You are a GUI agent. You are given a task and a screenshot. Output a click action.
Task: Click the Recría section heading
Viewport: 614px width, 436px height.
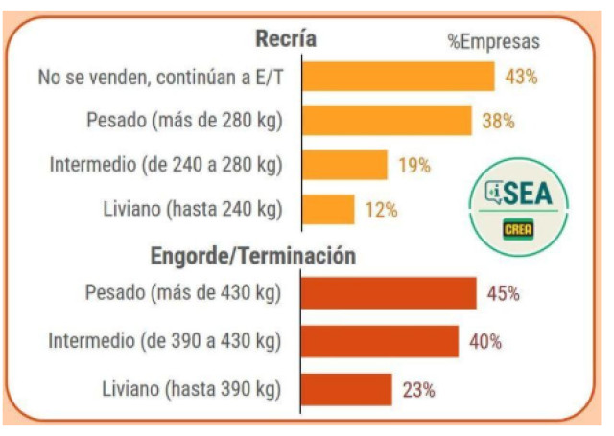(x=286, y=39)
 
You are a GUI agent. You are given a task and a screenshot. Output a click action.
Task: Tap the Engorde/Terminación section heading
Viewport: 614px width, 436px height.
(x=252, y=257)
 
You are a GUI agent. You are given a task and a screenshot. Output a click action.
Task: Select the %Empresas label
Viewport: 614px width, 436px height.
(x=493, y=41)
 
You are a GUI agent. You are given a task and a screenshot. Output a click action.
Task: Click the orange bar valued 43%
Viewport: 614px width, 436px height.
(x=398, y=77)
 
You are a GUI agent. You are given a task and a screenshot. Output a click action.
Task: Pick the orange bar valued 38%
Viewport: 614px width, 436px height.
(x=387, y=121)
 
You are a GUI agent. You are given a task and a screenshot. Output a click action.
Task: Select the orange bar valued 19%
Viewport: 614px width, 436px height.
(x=344, y=165)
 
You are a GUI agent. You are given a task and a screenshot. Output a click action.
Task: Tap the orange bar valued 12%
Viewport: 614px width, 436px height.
(x=328, y=209)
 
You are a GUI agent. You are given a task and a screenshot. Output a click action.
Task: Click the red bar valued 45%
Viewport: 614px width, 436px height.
(x=389, y=293)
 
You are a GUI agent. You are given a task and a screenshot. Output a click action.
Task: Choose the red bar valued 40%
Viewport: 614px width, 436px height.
(x=380, y=341)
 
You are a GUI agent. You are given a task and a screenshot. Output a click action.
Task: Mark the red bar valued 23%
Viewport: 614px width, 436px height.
(x=346, y=389)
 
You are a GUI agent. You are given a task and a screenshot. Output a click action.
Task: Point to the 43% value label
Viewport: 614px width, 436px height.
(x=521, y=77)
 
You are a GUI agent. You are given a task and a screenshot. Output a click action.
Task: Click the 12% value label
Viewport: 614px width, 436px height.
(x=381, y=210)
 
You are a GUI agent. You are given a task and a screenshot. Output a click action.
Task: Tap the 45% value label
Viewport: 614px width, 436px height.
(x=503, y=294)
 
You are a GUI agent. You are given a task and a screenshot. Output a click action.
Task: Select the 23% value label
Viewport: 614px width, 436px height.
(x=418, y=390)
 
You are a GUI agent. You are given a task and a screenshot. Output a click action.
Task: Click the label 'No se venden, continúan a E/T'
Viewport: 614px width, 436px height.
(x=160, y=77)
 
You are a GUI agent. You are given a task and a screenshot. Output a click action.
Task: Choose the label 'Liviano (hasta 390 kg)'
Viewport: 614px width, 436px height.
(x=191, y=389)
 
